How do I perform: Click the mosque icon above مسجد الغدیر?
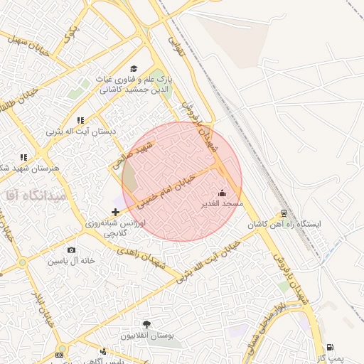[x=223, y=192]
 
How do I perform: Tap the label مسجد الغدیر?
[x=223, y=203]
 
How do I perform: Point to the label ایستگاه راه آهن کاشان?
[x=284, y=224]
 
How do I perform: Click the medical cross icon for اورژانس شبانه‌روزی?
[x=116, y=212]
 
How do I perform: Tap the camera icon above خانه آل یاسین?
[x=71, y=250]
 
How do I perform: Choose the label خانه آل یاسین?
[x=71, y=261]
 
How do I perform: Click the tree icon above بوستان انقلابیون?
[x=146, y=324]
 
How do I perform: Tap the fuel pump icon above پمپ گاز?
[x=331, y=347]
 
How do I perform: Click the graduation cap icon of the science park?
[x=134, y=68]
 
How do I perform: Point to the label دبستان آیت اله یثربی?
[x=80, y=132]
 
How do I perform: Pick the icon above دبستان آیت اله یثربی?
[x=80, y=120]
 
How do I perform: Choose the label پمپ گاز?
[x=331, y=358]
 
